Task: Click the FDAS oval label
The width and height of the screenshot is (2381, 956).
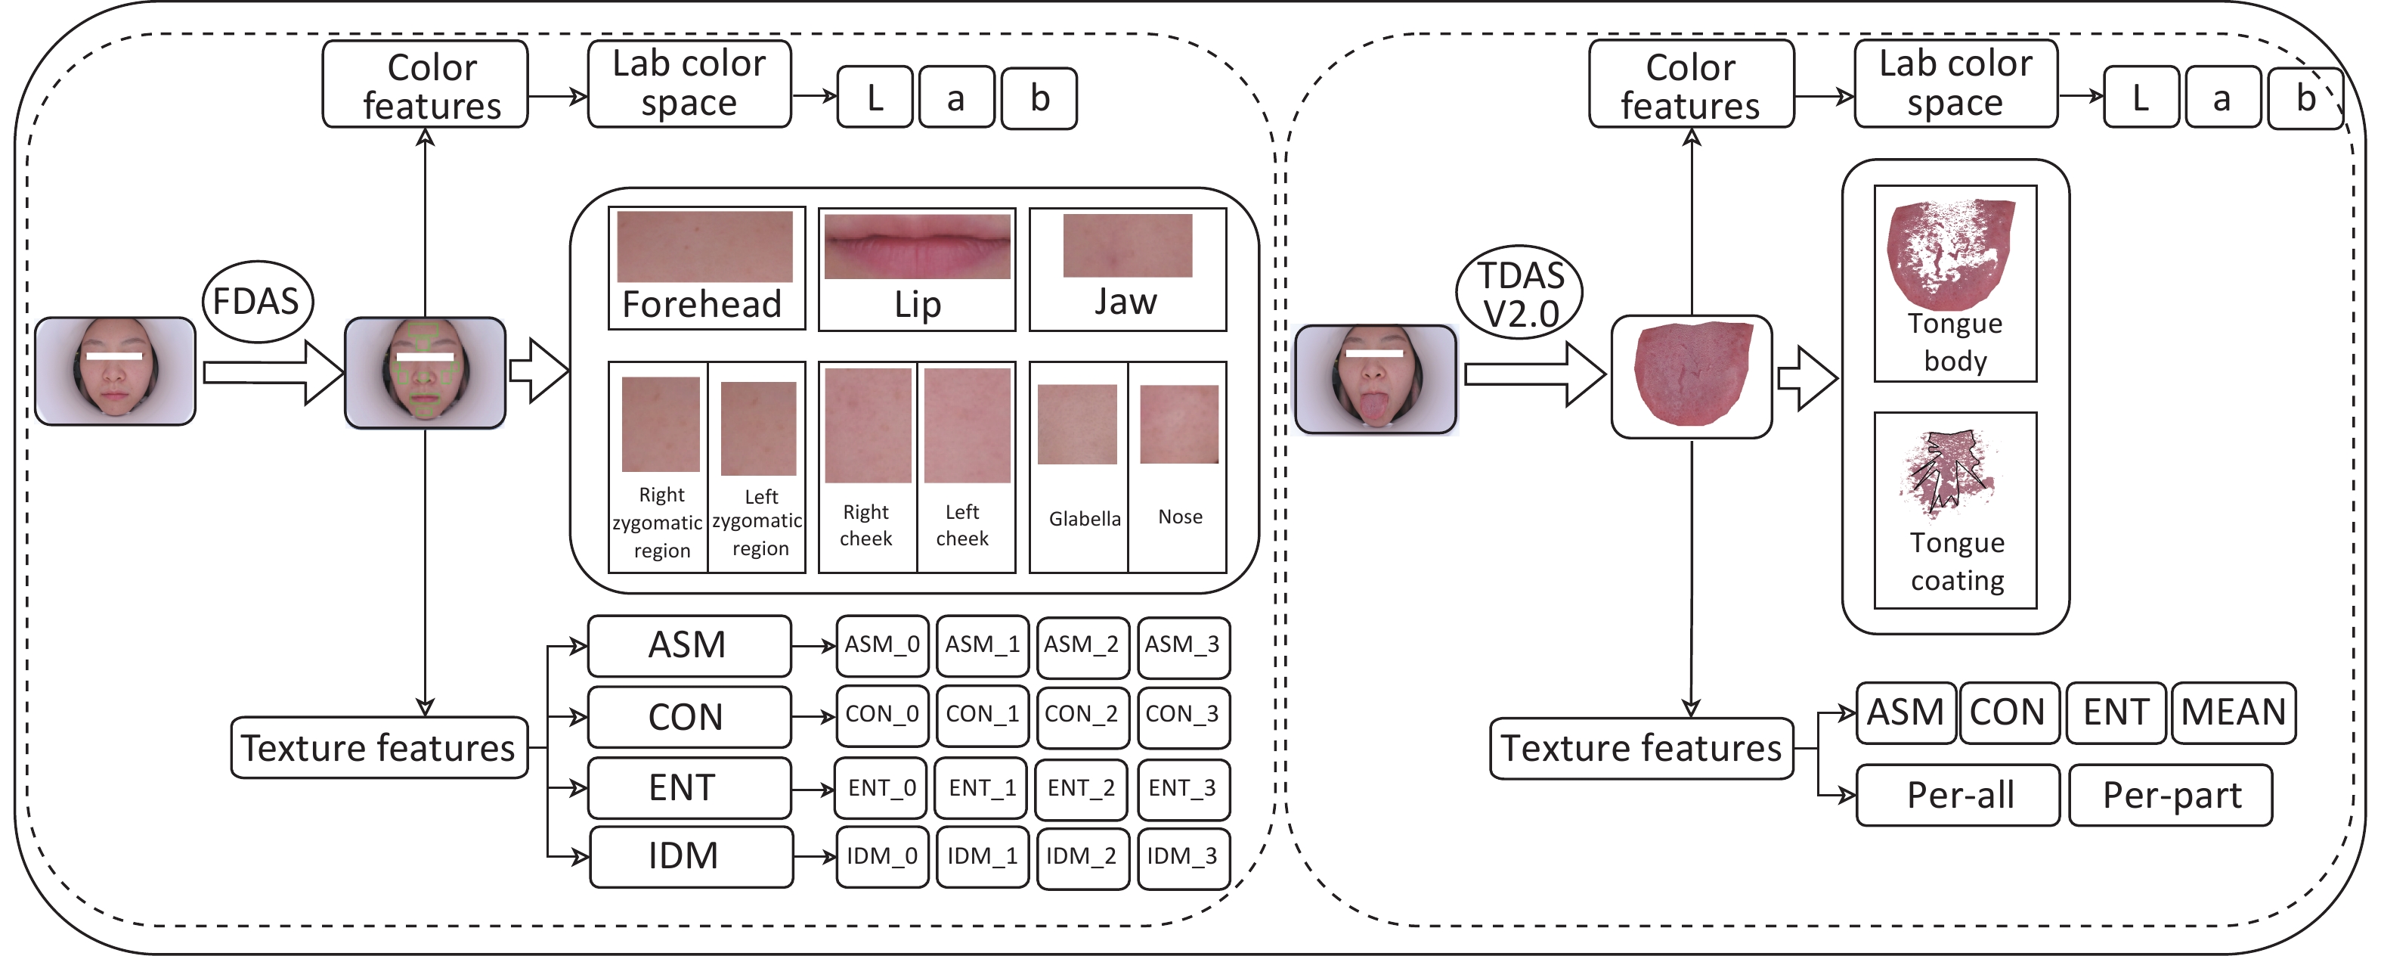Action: point(257,302)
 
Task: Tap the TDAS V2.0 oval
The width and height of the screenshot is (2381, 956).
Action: point(1519,292)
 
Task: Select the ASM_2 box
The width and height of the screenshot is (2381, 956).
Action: point(1082,644)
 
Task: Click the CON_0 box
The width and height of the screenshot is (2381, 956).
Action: point(882,715)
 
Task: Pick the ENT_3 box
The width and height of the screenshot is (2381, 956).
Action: point(1183,789)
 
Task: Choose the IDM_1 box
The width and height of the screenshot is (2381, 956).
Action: point(982,857)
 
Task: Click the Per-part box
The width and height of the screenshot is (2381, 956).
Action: point(2170,795)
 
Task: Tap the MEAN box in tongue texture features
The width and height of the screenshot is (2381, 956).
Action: point(2233,712)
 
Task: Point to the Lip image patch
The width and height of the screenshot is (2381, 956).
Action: point(917,246)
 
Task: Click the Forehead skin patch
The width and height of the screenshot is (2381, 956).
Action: point(705,246)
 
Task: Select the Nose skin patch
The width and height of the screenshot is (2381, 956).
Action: point(1178,424)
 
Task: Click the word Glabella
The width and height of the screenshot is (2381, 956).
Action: point(1084,519)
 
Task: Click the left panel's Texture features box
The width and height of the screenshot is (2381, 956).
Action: point(379,748)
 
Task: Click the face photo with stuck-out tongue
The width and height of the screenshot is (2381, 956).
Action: point(1376,379)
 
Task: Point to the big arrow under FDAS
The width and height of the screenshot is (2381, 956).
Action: point(274,373)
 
